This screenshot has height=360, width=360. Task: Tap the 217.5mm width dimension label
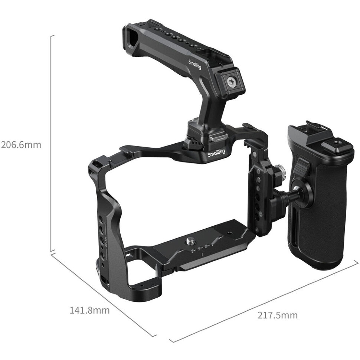pyautogui.click(x=277, y=315)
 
